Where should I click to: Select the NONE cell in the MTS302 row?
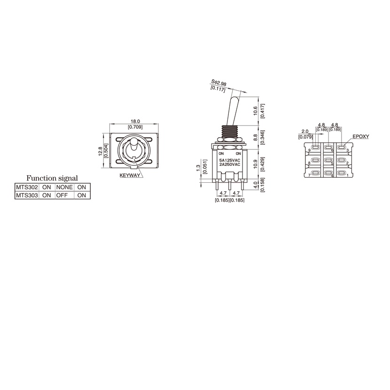64,187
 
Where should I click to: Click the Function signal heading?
52,178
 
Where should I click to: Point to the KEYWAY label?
130,175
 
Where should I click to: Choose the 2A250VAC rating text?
230,164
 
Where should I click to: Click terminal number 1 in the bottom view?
347,176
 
